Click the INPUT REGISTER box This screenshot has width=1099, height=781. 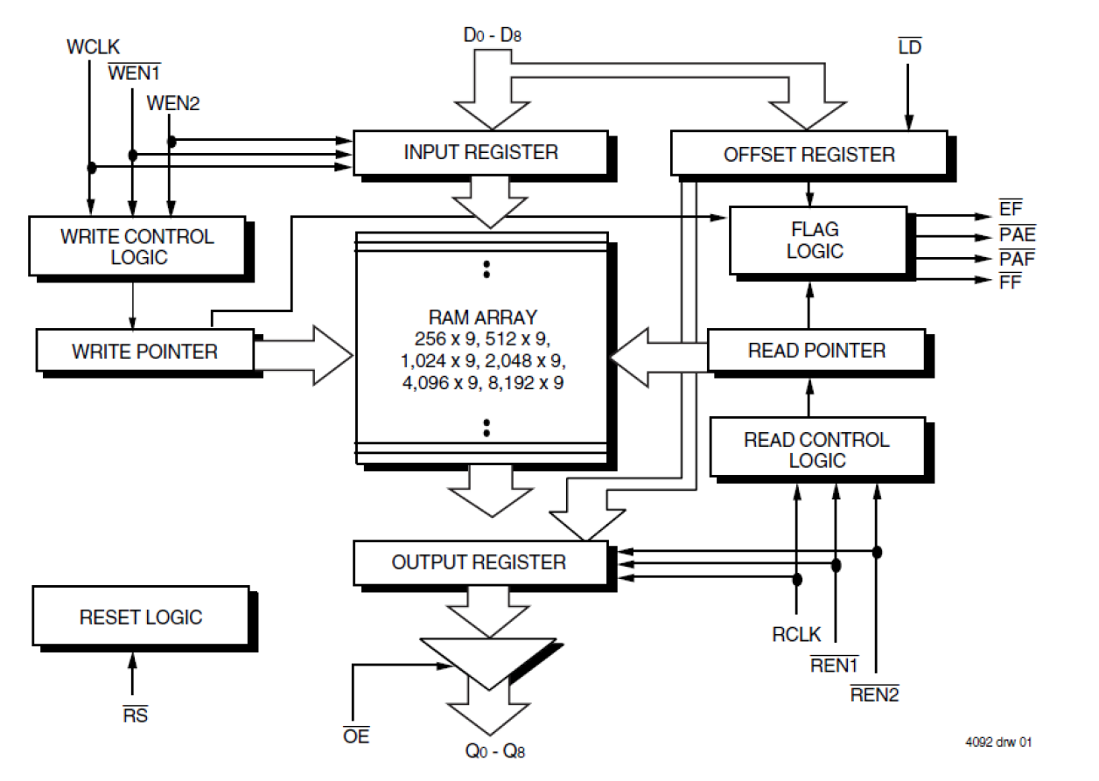[x=479, y=152]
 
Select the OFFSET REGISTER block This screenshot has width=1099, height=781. [x=808, y=154]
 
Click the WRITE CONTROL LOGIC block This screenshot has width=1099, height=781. [x=136, y=247]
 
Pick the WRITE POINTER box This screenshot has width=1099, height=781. [x=144, y=352]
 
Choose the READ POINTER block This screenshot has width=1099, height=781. [x=815, y=351]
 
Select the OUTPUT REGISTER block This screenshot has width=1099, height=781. [x=479, y=562]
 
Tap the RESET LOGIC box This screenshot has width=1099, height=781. [x=140, y=617]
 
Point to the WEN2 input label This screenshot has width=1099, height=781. [x=173, y=103]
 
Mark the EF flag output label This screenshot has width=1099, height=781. [x=1010, y=210]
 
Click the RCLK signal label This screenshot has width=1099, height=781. [x=796, y=635]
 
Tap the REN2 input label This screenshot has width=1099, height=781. [x=875, y=695]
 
